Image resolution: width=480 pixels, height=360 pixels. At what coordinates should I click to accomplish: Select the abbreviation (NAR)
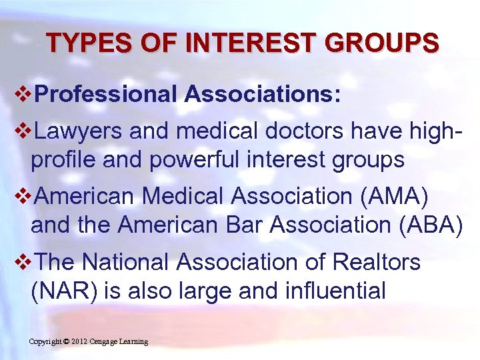(59, 291)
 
